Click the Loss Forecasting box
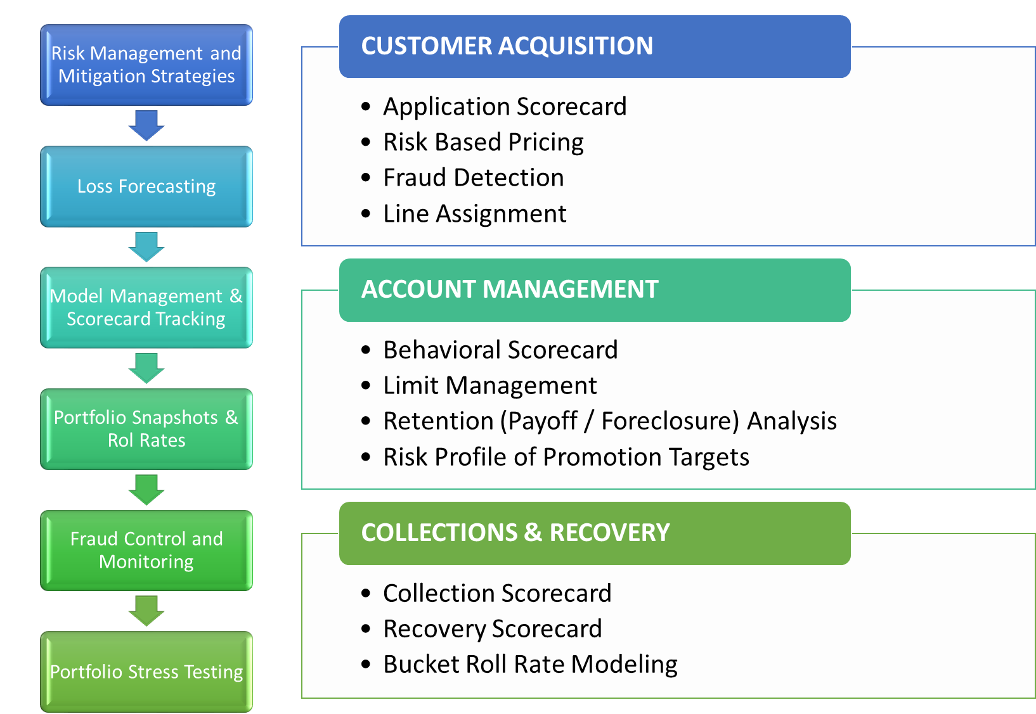click(146, 186)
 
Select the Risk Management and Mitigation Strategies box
click(146, 65)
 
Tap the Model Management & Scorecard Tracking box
click(146, 307)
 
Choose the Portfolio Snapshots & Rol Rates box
click(146, 429)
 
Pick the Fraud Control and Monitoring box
click(146, 551)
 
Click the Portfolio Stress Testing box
click(146, 672)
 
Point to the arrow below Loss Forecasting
click(146, 246)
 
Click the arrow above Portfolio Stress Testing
click(146, 611)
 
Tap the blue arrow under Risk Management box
click(146, 125)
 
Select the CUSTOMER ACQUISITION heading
click(507, 46)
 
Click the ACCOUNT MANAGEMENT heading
click(510, 290)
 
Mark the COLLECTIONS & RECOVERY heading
click(515, 533)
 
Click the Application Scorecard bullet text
click(505, 106)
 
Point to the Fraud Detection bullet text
click(474, 178)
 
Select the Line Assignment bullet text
click(475, 214)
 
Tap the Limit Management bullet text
click(490, 385)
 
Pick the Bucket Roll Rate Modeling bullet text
click(531, 665)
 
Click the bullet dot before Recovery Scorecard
click(366, 629)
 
